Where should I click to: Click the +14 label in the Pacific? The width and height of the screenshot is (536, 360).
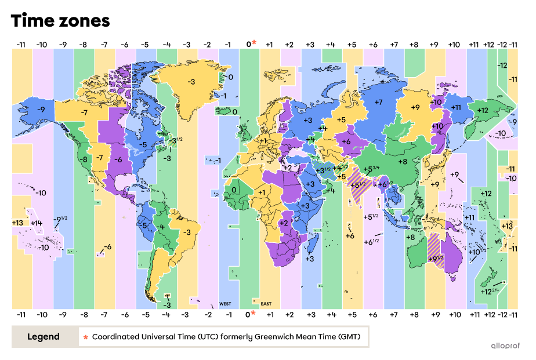(37, 223)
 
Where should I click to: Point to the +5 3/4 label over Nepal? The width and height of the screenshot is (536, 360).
(371, 169)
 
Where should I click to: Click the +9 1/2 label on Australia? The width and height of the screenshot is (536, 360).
(435, 259)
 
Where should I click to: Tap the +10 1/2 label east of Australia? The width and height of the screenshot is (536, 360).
(477, 252)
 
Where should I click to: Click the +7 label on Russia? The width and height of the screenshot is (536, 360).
(378, 103)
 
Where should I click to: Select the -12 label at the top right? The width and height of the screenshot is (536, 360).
(502, 66)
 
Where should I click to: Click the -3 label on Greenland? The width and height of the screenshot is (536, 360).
(191, 82)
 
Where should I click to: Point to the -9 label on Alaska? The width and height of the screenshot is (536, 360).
(41, 109)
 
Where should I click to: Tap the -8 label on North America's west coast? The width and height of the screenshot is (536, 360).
(84, 159)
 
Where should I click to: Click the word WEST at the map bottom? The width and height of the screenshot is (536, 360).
(225, 304)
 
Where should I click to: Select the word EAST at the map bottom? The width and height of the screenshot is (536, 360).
(266, 304)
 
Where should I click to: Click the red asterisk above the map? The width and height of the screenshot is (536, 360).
(253, 42)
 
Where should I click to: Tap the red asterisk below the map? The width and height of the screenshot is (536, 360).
(253, 313)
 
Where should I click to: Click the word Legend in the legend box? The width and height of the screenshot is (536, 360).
(44, 336)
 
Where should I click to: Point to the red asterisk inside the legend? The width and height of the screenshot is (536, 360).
(85, 336)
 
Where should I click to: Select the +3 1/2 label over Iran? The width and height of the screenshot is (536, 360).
(323, 170)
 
